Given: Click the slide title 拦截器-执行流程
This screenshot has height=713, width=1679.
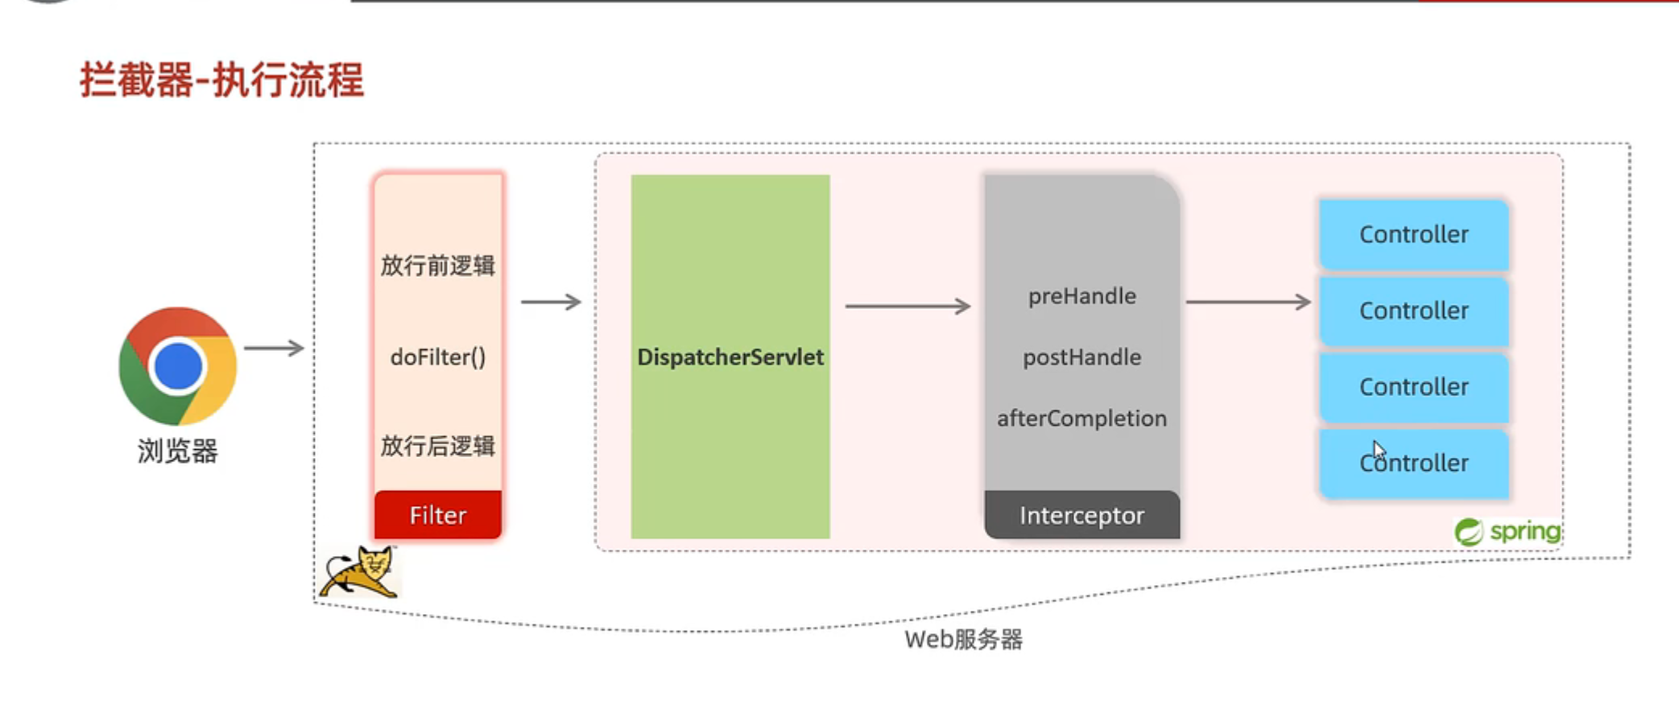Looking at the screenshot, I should (x=221, y=80).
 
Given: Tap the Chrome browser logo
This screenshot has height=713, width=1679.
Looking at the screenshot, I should (x=177, y=366).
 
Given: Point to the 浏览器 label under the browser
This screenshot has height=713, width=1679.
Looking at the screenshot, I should (x=177, y=451).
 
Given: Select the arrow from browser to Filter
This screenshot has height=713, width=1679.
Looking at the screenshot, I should (x=274, y=348).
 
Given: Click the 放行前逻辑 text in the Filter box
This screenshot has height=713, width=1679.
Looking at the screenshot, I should (x=437, y=266).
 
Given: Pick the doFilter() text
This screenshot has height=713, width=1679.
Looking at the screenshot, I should (x=437, y=356).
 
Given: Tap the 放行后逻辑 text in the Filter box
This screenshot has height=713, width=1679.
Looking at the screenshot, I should (x=437, y=446).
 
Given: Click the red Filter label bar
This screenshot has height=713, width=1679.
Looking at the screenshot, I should (x=437, y=515).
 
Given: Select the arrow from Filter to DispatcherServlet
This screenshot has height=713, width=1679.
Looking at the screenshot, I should (x=551, y=303).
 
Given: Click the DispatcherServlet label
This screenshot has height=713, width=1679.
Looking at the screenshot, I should (x=730, y=357).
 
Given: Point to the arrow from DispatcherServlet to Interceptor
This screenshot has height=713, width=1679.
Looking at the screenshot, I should (x=908, y=307).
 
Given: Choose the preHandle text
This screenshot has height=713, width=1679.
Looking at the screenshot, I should (x=1081, y=296).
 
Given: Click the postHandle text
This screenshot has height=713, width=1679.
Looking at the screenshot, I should (x=1081, y=357).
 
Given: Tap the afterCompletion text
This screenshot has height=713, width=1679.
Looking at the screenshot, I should (x=1081, y=418).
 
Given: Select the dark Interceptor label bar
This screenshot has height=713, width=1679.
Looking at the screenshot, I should (x=1081, y=515).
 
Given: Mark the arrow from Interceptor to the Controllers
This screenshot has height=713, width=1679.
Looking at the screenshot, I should (x=1248, y=303).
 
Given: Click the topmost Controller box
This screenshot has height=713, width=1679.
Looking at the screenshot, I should (x=1413, y=234).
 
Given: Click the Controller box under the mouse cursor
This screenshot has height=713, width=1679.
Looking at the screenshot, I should (x=1413, y=464).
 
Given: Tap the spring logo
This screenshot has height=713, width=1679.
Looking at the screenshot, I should (x=1507, y=532).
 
